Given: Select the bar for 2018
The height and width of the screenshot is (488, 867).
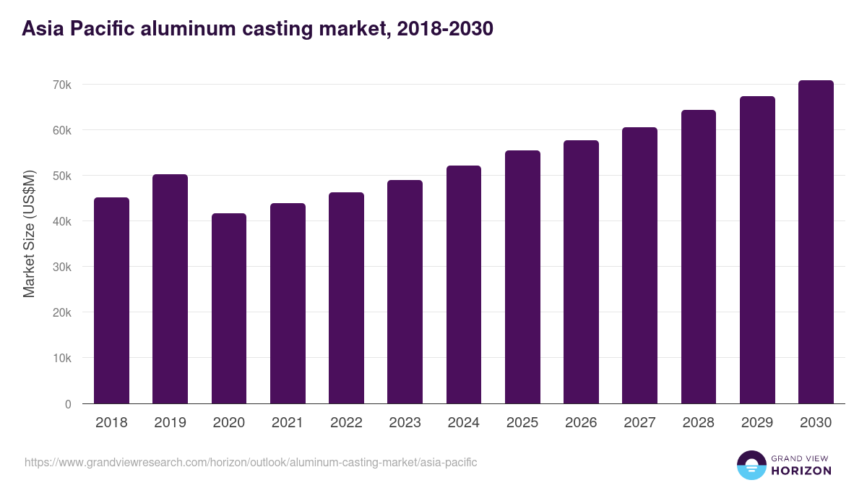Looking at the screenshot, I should (111, 300).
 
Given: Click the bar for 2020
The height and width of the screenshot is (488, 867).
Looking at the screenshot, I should (229, 308).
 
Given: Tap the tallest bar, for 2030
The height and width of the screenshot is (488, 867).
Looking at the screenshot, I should (816, 241).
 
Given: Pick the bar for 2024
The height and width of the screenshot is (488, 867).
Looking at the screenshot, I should (464, 284).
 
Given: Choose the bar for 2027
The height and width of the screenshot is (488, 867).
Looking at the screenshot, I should (639, 265).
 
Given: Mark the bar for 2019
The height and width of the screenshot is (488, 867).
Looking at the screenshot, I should (170, 288).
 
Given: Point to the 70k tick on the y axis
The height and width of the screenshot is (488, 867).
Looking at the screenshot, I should (61, 85).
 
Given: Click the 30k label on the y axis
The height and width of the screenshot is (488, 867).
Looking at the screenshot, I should (61, 267).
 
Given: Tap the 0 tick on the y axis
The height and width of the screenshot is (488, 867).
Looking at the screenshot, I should (68, 404).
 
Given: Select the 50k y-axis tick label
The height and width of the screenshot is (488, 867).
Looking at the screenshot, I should (61, 176).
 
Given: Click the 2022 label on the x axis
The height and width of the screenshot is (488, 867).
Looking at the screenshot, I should (346, 423).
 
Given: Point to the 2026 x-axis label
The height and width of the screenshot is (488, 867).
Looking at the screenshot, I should (581, 423).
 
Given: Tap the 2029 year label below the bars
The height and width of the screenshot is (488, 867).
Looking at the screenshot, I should (757, 423).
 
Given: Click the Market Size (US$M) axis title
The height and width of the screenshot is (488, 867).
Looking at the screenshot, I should (29, 234).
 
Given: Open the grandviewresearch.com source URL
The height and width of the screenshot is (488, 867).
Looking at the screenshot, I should (251, 462).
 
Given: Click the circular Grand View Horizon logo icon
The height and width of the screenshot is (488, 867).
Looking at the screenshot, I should (751, 465).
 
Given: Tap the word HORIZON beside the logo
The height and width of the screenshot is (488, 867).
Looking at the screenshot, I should (801, 471).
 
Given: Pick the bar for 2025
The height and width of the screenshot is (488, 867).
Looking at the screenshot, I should (522, 277).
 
